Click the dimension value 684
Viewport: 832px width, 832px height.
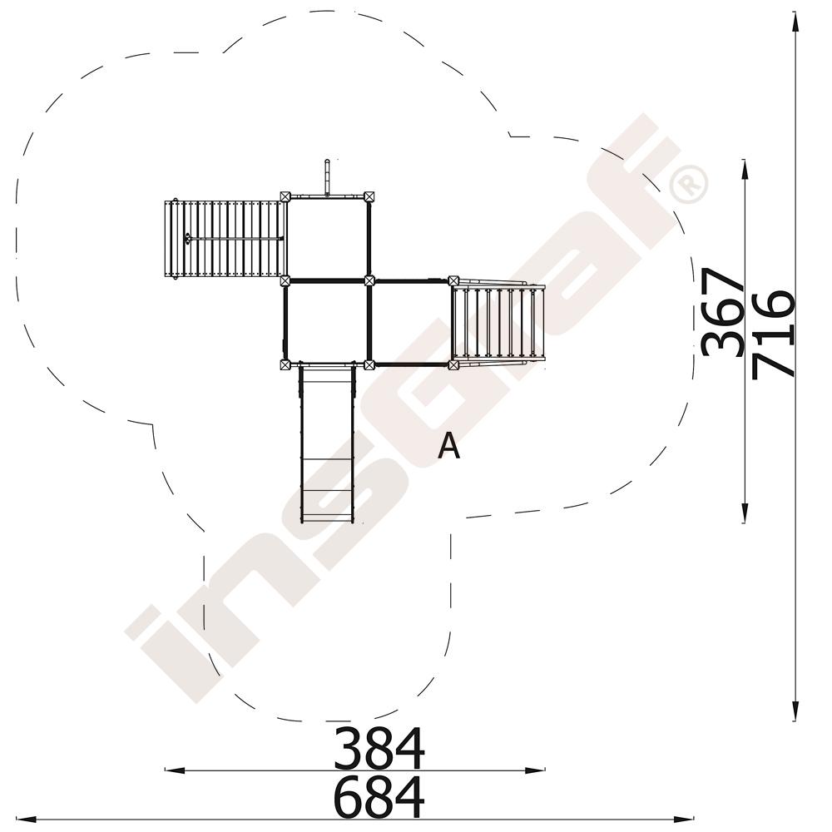pyautogui.click(x=379, y=797)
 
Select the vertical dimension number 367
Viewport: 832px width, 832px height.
pyautogui.click(x=722, y=312)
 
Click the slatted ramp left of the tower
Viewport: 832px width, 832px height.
pyautogui.click(x=225, y=239)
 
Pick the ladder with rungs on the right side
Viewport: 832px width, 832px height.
pyautogui.click(x=498, y=323)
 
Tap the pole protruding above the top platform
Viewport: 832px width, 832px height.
pyautogui.click(x=327, y=177)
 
